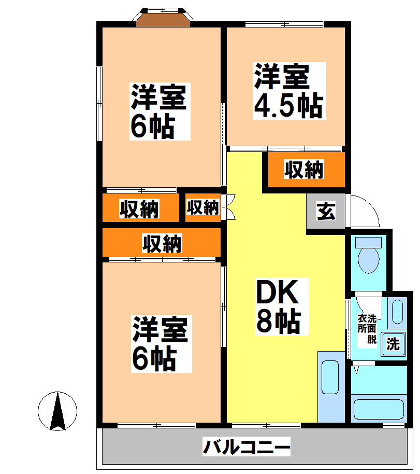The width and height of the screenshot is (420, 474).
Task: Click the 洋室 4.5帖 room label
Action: pyautogui.click(x=288, y=91)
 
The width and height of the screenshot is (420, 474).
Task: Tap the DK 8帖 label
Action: pyautogui.click(x=278, y=307)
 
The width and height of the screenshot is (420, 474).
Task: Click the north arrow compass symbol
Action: pyautogui.click(x=57, y=411)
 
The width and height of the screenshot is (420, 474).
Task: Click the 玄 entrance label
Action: pyautogui.click(x=326, y=212)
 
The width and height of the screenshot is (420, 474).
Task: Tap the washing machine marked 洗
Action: pyautogui.click(x=393, y=344)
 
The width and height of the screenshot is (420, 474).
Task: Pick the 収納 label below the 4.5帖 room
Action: pyautogui.click(x=303, y=170)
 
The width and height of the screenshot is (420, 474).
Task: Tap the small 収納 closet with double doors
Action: pyautogui.click(x=202, y=207)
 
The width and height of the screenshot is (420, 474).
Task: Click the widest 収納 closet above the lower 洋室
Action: pyautogui.click(x=162, y=243)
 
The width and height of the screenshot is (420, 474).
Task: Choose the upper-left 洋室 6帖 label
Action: pyautogui.click(x=158, y=111)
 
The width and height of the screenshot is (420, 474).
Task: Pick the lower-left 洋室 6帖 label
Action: pyautogui.click(x=159, y=343)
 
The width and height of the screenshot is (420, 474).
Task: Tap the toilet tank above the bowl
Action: pyautogui.click(x=369, y=242)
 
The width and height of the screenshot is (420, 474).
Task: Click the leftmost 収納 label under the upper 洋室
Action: pyautogui.click(x=139, y=208)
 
